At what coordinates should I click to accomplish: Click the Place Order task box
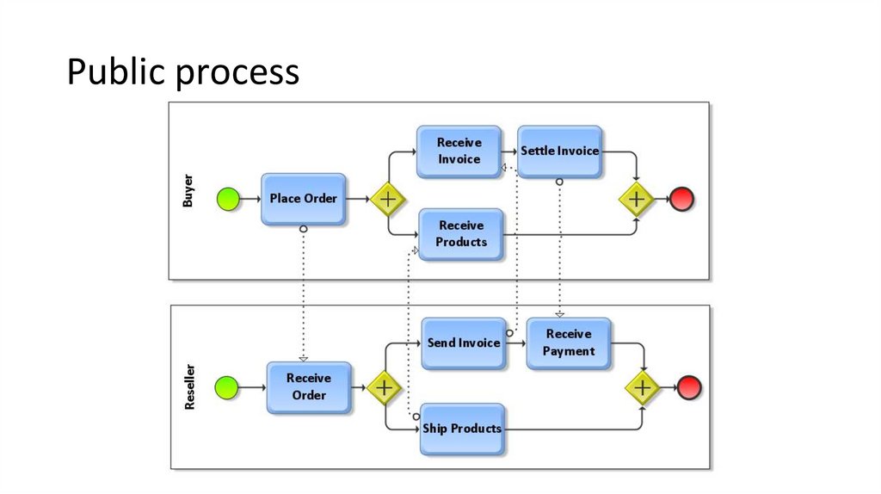[303, 199]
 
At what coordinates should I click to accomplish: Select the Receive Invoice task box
[459, 151]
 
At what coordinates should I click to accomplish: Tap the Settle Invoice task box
[559, 151]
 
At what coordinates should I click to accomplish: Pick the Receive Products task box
[460, 234]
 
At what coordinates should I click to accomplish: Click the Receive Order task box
[308, 386]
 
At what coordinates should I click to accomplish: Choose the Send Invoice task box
[464, 343]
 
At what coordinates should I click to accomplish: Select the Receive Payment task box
[568, 343]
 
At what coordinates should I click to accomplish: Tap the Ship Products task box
[461, 429]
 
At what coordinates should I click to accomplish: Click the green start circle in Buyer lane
[227, 199]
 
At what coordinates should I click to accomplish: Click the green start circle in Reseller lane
[225, 387]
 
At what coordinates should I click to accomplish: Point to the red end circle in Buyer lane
[681, 199]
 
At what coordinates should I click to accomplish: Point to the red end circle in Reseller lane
[689, 387]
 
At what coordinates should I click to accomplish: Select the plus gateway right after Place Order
[387, 199]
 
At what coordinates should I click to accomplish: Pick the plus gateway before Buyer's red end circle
[637, 199]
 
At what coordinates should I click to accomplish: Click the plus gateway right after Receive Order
[384, 387]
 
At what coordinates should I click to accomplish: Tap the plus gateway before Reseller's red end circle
[642, 387]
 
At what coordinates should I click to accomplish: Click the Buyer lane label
[188, 191]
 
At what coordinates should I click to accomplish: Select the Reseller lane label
[189, 386]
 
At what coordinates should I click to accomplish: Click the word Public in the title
[116, 72]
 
